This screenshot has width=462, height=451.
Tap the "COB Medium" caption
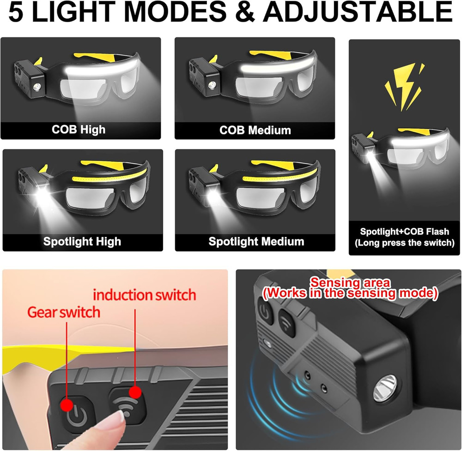(255, 130)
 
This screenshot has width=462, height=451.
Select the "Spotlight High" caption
(82, 241)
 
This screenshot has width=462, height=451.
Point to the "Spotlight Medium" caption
(256, 241)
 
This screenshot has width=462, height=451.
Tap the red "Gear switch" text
(64, 312)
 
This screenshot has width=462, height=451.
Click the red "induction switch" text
(145, 294)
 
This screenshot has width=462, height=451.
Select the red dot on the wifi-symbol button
(135, 392)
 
